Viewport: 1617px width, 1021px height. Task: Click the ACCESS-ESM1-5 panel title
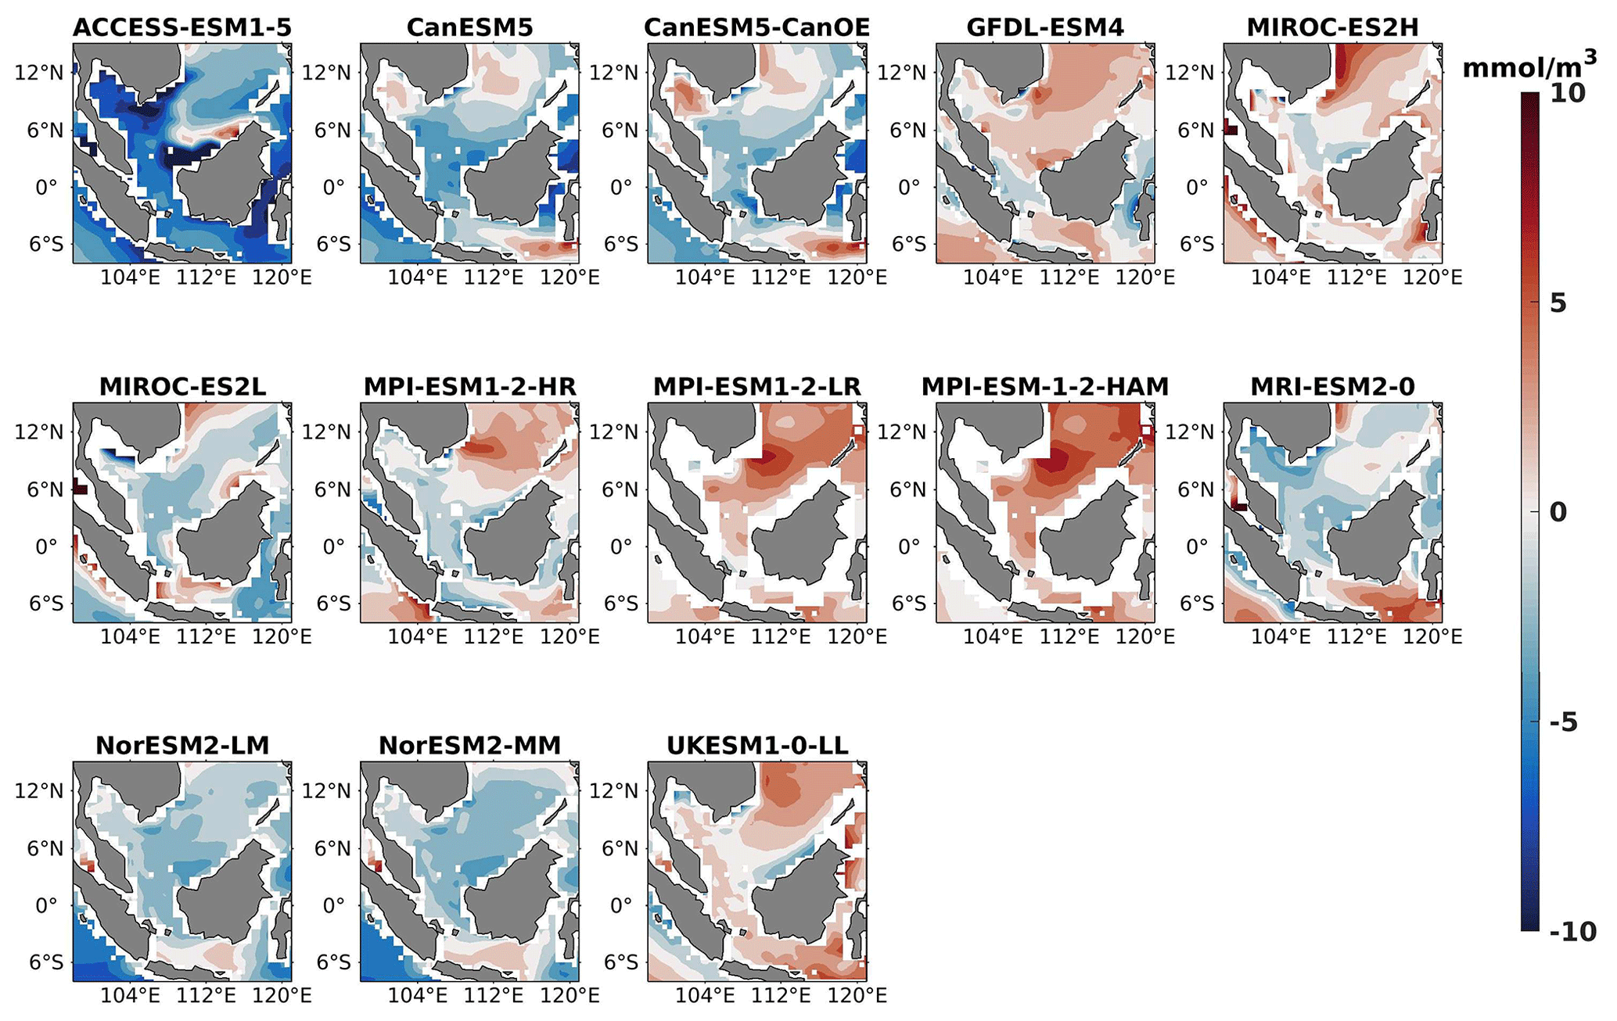click(182, 28)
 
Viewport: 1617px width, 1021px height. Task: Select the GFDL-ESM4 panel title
click(1045, 28)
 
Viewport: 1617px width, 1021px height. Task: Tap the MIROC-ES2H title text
click(1332, 28)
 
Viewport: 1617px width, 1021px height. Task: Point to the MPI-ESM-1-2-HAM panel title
click(1045, 387)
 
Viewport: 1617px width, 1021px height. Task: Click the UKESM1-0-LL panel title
click(757, 746)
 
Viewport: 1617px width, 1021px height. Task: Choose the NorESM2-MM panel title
click(469, 746)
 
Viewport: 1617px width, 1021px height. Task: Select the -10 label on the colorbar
click(1572, 932)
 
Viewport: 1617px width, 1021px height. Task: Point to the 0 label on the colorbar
click(1558, 513)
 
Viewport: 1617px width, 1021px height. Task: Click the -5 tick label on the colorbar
click(1564, 722)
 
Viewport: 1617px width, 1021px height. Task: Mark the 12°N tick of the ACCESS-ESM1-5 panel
click(39, 73)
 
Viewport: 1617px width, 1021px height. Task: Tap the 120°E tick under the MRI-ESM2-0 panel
click(1432, 637)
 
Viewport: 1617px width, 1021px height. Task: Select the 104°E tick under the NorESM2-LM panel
click(130, 996)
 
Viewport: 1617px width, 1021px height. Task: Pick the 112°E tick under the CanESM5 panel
click(494, 278)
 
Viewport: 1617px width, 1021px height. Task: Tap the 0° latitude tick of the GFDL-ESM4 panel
click(909, 188)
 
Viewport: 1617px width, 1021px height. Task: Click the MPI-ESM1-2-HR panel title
click(469, 387)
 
